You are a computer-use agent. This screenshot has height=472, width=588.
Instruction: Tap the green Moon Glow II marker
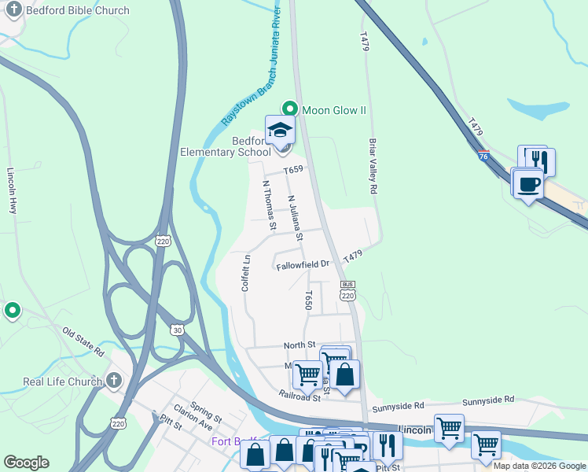tap(290, 110)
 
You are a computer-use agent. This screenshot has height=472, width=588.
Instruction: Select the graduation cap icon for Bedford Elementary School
tap(280, 131)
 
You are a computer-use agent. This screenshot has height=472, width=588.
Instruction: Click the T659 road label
tap(293, 169)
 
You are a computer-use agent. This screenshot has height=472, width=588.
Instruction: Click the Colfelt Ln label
tap(246, 271)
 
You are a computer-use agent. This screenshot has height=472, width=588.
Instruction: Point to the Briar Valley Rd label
tap(373, 167)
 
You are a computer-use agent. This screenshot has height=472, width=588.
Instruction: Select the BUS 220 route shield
tap(347, 289)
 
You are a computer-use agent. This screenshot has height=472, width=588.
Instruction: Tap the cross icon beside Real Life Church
tap(113, 382)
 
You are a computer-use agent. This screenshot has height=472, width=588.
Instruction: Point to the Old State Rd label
tap(83, 342)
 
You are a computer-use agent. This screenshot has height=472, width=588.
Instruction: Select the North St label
tap(299, 345)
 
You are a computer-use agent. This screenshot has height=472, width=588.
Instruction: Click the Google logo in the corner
tap(26, 463)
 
